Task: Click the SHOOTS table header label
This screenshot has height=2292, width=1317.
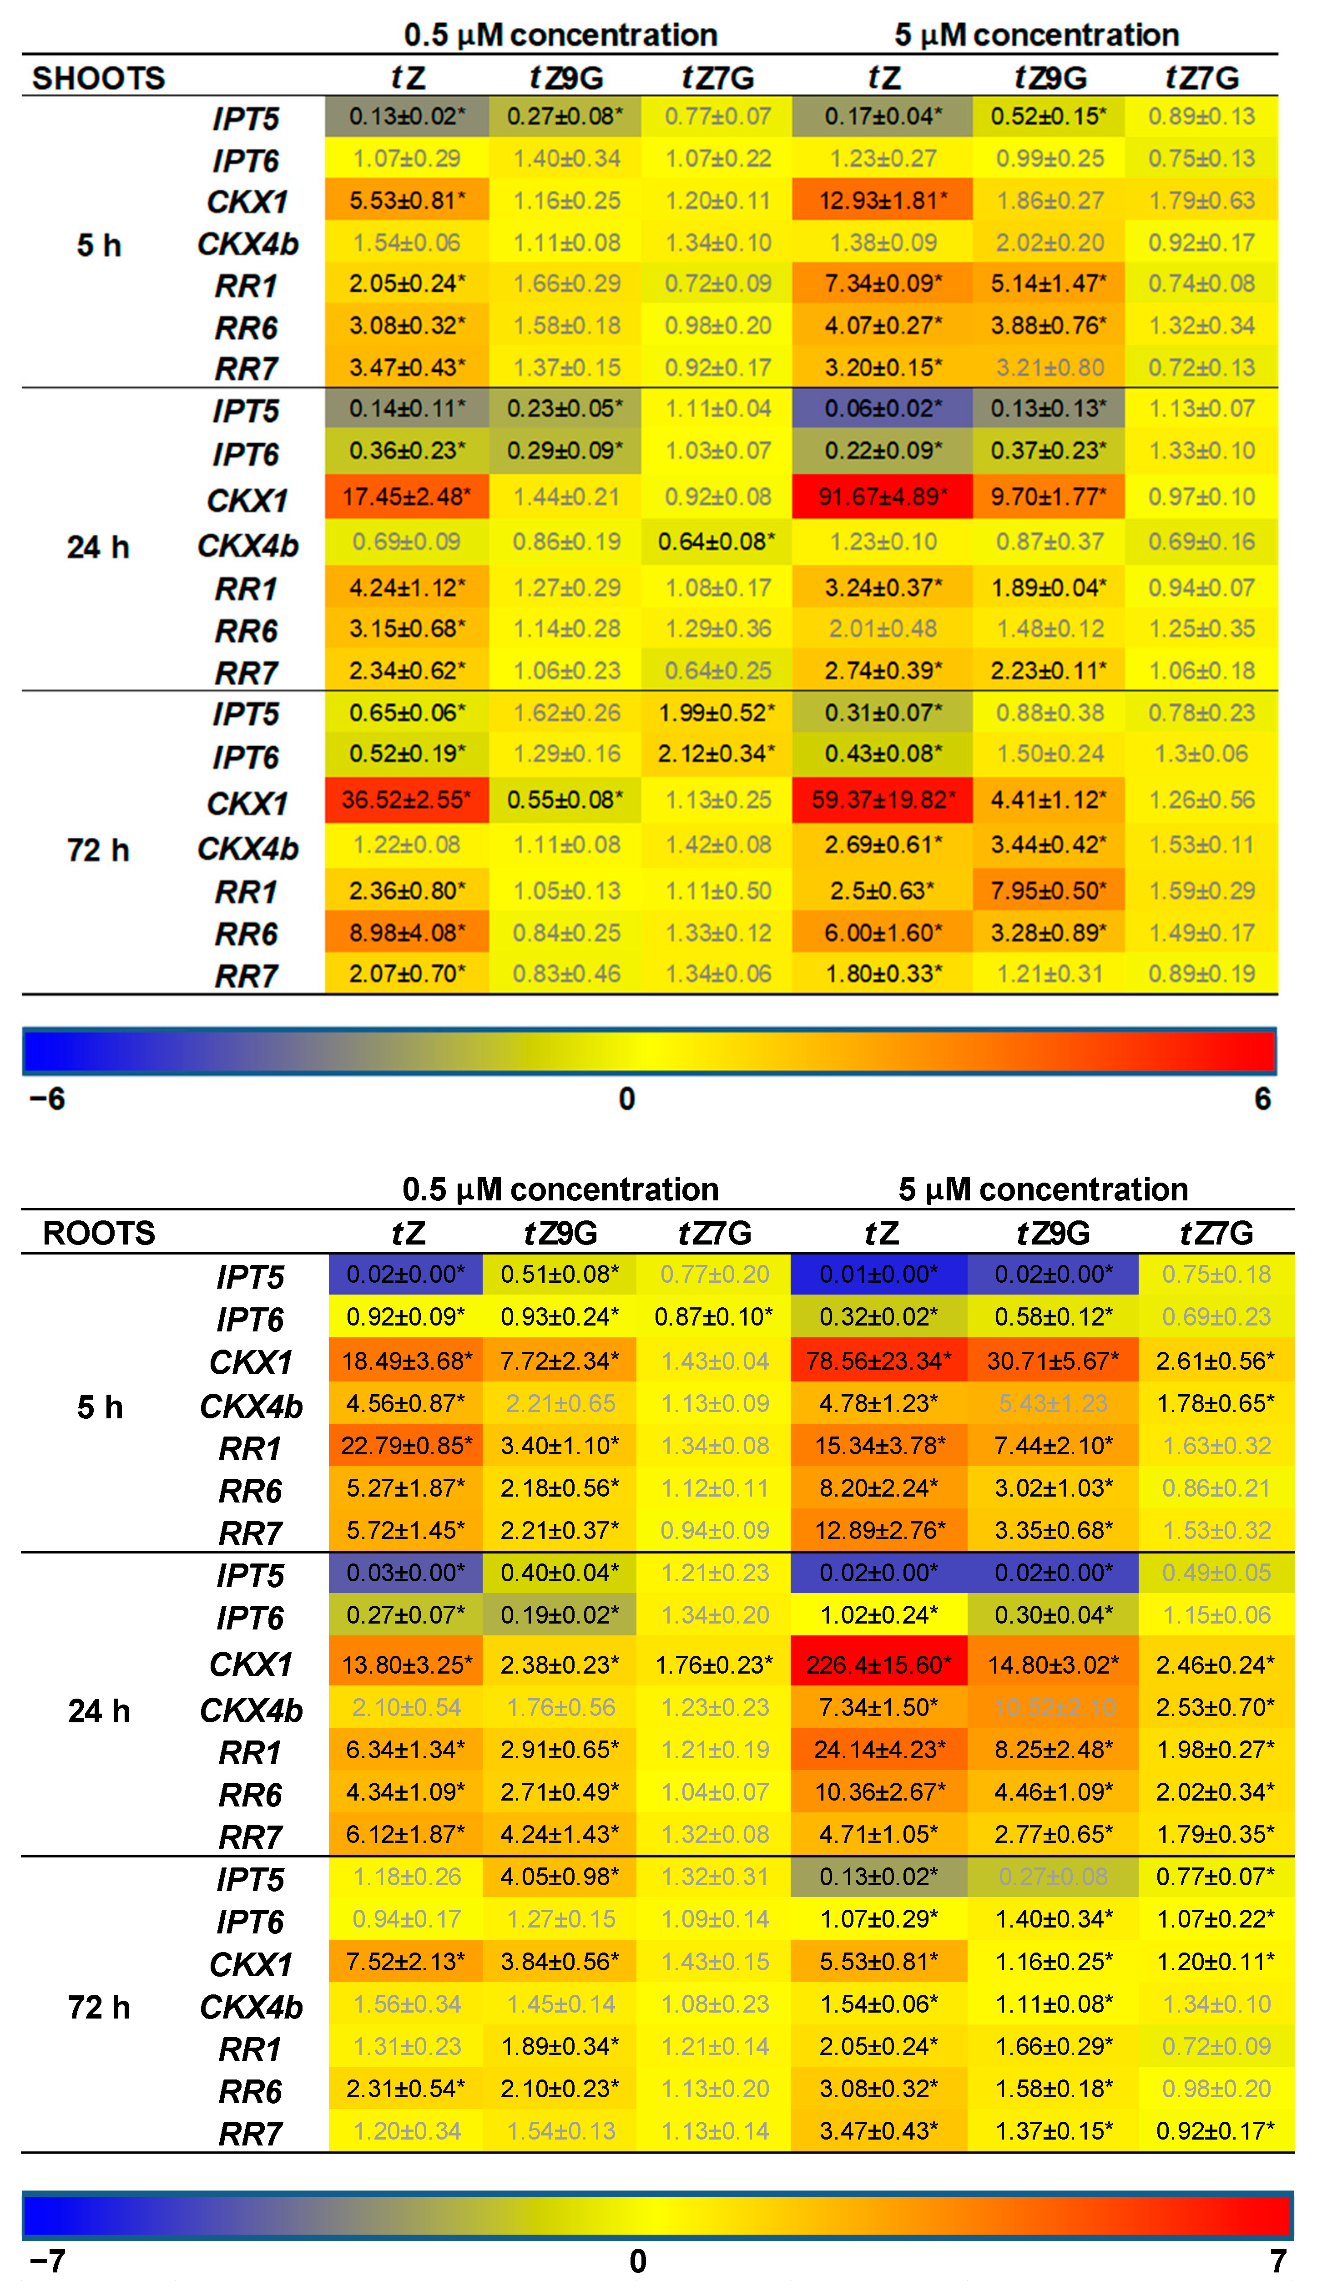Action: (99, 78)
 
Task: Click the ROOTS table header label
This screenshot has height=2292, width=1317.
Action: (99, 1233)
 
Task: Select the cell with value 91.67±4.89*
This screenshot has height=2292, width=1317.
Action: (882, 496)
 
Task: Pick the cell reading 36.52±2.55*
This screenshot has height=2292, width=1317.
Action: (406, 799)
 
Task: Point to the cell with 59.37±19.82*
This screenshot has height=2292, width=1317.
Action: (882, 799)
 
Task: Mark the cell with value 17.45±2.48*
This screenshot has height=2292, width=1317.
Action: (406, 496)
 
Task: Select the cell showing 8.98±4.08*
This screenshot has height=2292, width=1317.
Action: (406, 932)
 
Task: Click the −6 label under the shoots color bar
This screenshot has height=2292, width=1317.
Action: (47, 1099)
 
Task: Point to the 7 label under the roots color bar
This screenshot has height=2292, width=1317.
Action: (1277, 2261)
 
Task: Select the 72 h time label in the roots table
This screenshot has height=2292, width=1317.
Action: (99, 2007)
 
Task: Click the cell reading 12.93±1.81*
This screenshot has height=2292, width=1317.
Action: (882, 200)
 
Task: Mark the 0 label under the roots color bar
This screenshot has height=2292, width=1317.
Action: (638, 2261)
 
